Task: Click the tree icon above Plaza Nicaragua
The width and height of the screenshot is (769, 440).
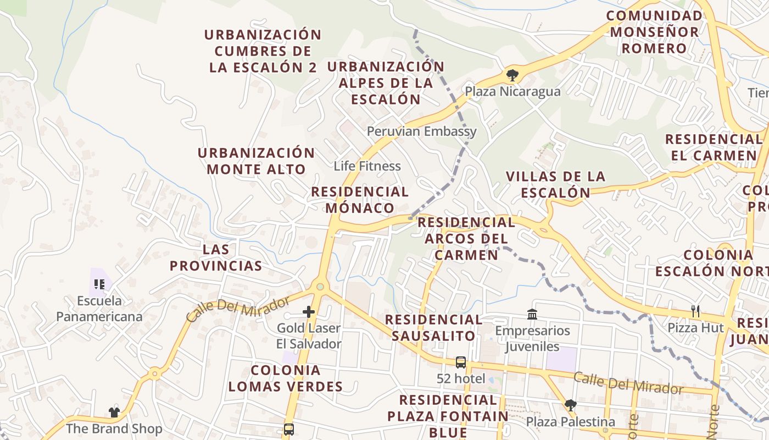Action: tap(512, 75)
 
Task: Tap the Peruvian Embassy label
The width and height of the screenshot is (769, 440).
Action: tap(421, 131)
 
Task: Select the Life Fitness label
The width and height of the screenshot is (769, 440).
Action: tap(367, 166)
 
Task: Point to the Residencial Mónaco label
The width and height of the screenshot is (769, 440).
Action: tap(360, 200)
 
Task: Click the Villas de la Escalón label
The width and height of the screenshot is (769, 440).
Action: tap(555, 184)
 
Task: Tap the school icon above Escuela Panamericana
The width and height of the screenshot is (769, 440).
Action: tap(99, 284)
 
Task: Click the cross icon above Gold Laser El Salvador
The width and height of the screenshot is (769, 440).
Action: tap(309, 312)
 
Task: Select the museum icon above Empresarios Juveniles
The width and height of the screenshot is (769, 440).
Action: tap(532, 315)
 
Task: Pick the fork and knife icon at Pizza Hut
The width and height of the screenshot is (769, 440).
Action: tap(695, 311)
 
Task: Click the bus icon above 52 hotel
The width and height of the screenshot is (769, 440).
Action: tap(461, 362)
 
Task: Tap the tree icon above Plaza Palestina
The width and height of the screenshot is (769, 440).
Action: tap(570, 405)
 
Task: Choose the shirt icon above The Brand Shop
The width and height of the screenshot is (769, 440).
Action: tap(114, 412)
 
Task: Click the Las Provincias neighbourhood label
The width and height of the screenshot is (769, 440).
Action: tap(216, 257)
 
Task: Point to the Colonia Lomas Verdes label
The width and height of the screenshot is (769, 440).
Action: tap(285, 378)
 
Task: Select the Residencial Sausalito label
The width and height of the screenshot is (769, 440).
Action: tap(433, 328)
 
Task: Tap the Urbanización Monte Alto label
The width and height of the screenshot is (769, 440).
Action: tap(256, 161)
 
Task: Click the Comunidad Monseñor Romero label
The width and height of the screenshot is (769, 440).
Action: tap(654, 31)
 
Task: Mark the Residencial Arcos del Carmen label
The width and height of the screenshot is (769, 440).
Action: tap(466, 239)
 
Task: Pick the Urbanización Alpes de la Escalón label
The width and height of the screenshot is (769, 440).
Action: tap(386, 83)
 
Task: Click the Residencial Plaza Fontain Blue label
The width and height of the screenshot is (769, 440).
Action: tap(448, 416)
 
